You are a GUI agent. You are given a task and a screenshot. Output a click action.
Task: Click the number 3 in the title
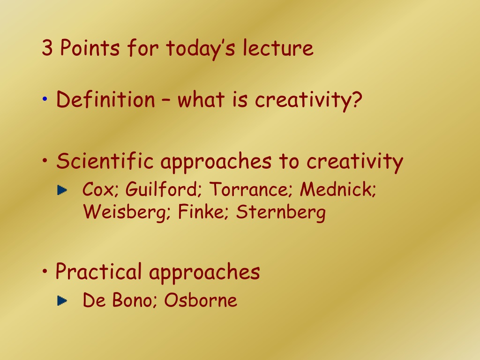(47, 48)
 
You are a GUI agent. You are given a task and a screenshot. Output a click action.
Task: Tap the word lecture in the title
(278, 48)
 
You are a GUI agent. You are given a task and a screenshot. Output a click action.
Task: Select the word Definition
(105, 99)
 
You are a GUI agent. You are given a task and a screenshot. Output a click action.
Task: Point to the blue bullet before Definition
(45, 99)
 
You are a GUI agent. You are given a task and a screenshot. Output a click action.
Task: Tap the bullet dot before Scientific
(45, 160)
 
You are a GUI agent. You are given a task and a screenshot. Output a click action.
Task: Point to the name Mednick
(338, 189)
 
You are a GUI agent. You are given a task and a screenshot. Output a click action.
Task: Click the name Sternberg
(281, 212)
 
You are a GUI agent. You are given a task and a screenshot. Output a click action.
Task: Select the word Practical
(98, 271)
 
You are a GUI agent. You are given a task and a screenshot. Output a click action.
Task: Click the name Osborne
(201, 300)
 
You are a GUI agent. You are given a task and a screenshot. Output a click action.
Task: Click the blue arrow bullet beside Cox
(62, 190)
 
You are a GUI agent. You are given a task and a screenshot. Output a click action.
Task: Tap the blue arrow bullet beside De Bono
(62, 300)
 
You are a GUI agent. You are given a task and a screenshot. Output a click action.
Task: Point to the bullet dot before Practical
(45, 271)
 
